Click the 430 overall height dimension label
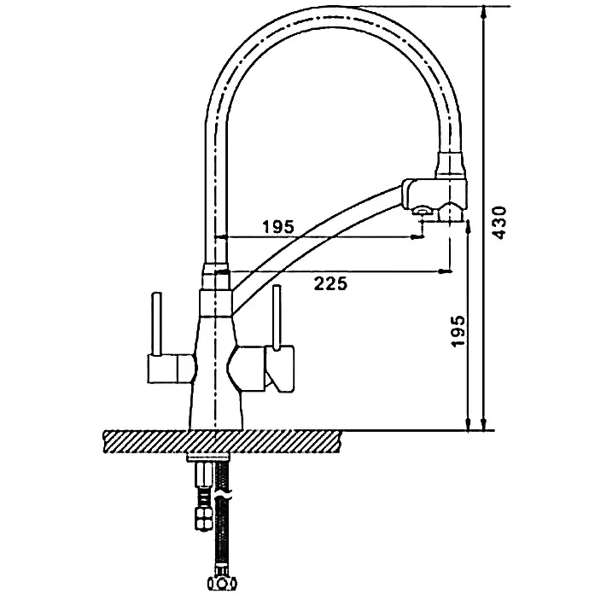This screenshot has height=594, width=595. coord(499,223)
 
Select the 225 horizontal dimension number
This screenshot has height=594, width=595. coord(330,283)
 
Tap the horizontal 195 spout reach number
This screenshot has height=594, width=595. coord(278,227)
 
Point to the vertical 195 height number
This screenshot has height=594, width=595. coord(458,331)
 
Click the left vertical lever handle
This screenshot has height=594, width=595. coord(157,323)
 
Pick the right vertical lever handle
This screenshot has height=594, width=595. coord(277,316)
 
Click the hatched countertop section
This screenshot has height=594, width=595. coord(222,441)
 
